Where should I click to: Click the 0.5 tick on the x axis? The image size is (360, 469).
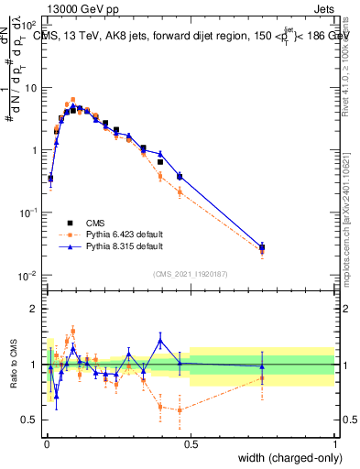coord(191,442)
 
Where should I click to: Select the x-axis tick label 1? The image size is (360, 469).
coord(335,442)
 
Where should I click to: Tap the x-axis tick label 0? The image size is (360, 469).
coord(47,442)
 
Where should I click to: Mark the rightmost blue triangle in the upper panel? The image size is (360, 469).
coord(262,247)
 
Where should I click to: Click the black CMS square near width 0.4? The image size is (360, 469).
coord(160,162)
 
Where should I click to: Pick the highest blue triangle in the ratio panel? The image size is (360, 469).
coord(160,340)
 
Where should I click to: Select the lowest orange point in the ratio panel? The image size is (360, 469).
coord(180,409)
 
